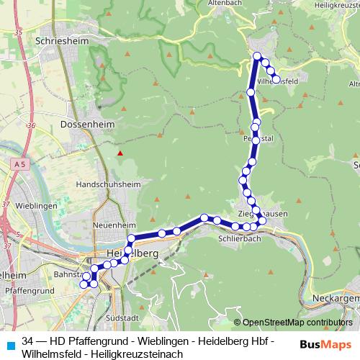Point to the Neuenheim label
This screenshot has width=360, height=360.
109,225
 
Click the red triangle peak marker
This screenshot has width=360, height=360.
121,153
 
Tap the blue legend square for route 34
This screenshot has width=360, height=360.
9,342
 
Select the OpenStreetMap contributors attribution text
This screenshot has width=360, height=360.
293,323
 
